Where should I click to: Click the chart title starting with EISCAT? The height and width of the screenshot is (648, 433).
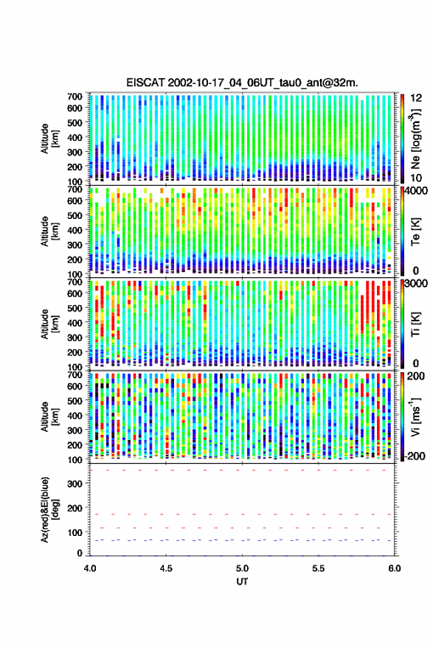point(242,83)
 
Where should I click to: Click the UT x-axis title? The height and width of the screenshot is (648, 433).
point(242,582)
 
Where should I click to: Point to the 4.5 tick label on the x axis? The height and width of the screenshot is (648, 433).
point(166,568)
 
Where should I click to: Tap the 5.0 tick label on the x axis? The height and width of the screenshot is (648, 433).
point(242,568)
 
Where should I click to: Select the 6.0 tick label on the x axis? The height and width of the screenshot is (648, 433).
point(394,568)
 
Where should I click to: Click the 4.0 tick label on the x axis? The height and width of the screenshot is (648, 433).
point(90,568)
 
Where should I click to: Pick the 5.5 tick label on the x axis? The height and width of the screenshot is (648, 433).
point(318,568)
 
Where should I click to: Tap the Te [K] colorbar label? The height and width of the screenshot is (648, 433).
point(415,231)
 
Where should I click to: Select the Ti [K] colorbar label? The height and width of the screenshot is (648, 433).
point(415,324)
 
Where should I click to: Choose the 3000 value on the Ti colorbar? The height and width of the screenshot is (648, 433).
point(417,283)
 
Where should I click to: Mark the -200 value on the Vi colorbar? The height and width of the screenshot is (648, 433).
point(415,456)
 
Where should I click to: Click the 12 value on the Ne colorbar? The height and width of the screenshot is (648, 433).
point(417,97)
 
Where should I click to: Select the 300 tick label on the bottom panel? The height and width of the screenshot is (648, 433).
point(75,484)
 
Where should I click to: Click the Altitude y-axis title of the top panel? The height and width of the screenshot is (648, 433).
point(49,139)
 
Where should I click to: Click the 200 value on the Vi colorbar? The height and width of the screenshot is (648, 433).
point(416,376)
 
